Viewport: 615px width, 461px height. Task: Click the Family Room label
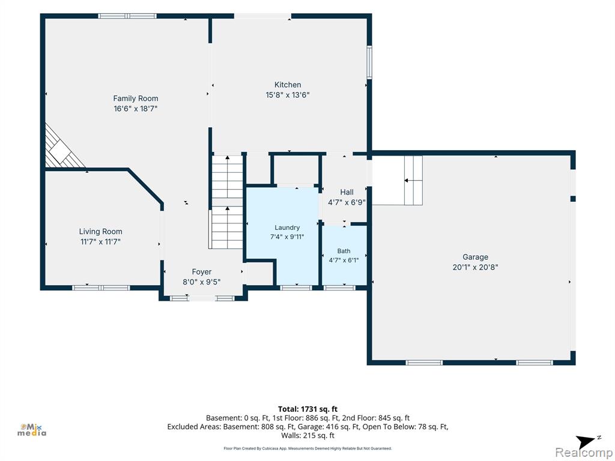pos(136,98)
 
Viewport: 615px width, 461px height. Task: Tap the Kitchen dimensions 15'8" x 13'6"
pos(288,95)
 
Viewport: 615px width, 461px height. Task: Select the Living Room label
pos(101,232)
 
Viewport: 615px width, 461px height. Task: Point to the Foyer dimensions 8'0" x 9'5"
pos(202,282)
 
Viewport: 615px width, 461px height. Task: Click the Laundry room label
pos(287,227)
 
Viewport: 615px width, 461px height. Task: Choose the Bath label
pos(344,251)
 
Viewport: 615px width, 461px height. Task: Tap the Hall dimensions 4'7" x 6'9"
pos(347,202)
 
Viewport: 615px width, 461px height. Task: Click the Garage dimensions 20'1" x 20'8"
pos(476,267)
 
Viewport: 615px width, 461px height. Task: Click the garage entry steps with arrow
pos(413,180)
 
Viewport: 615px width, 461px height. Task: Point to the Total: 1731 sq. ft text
pos(307,409)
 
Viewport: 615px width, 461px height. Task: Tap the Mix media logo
pos(32,430)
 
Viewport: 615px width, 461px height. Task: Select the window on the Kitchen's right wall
pos(369,62)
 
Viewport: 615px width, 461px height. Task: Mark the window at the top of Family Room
pos(127,16)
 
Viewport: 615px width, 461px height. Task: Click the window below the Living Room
pos(101,288)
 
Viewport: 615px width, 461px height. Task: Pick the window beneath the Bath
pos(339,288)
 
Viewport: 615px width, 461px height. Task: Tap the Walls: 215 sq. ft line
pos(307,436)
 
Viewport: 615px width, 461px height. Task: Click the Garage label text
pos(476,257)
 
